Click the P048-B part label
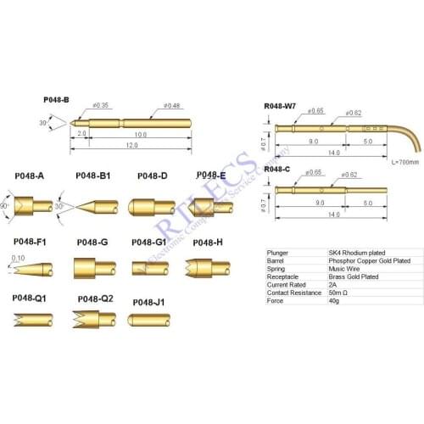pyautogui.click(x=56, y=100)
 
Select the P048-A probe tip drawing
pyautogui.click(x=36, y=206)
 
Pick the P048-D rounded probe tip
pyautogui.click(x=151, y=206)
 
